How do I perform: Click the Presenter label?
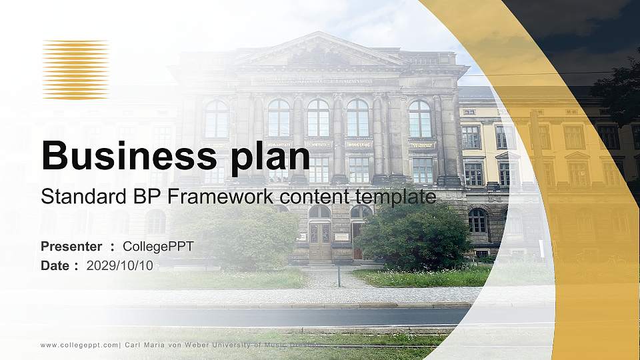coord(71,247)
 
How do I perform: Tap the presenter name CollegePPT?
coord(158,247)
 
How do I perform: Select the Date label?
coord(55,265)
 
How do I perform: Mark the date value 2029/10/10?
coord(120,265)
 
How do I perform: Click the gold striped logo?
coord(75,69)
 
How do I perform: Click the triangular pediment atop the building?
coord(320,51)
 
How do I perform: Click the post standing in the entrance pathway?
coord(339,275)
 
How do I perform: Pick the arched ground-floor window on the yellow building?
coord(477,220)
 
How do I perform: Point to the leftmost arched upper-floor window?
coord(217,119)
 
